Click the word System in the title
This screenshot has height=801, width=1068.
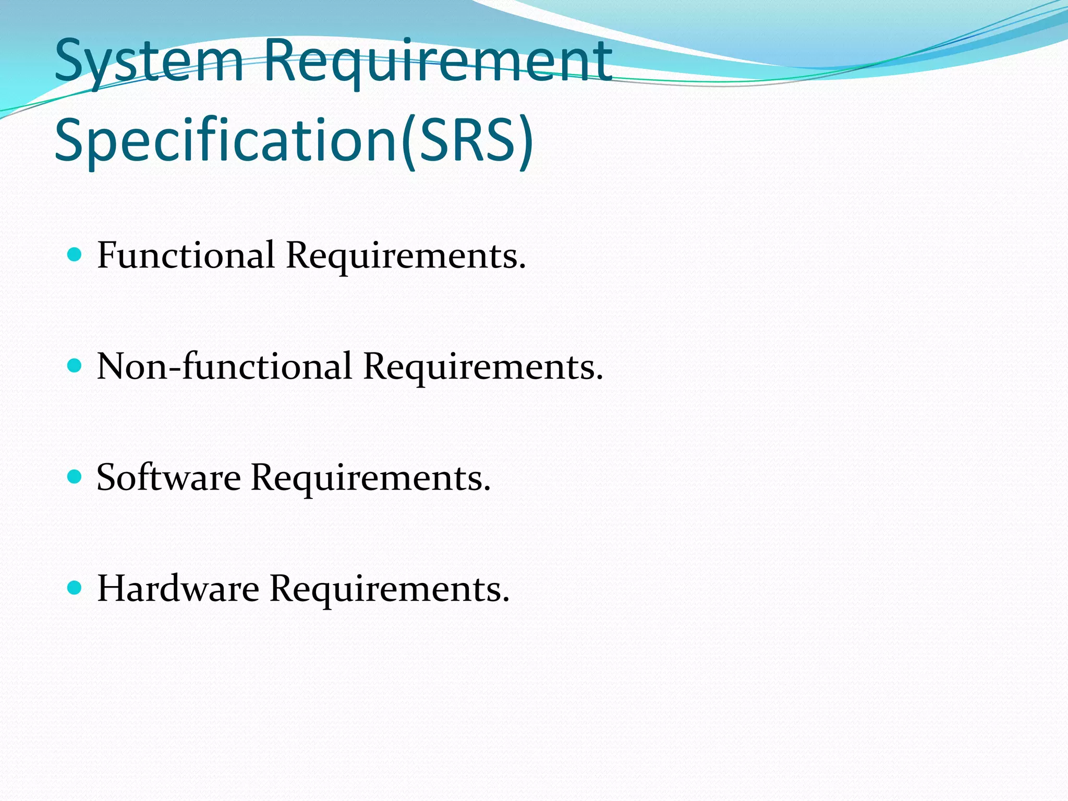pos(149,62)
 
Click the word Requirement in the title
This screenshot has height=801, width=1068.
pos(438,62)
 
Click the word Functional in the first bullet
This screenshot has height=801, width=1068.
pos(186,256)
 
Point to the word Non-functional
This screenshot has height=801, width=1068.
pos(224,366)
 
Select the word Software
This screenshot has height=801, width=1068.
pos(168,477)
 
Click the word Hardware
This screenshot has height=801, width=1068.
pos(178,589)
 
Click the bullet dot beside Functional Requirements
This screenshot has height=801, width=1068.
pos(75,254)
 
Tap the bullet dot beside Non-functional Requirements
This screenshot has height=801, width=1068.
pos(75,366)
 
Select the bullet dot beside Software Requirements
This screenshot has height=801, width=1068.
pos(75,477)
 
